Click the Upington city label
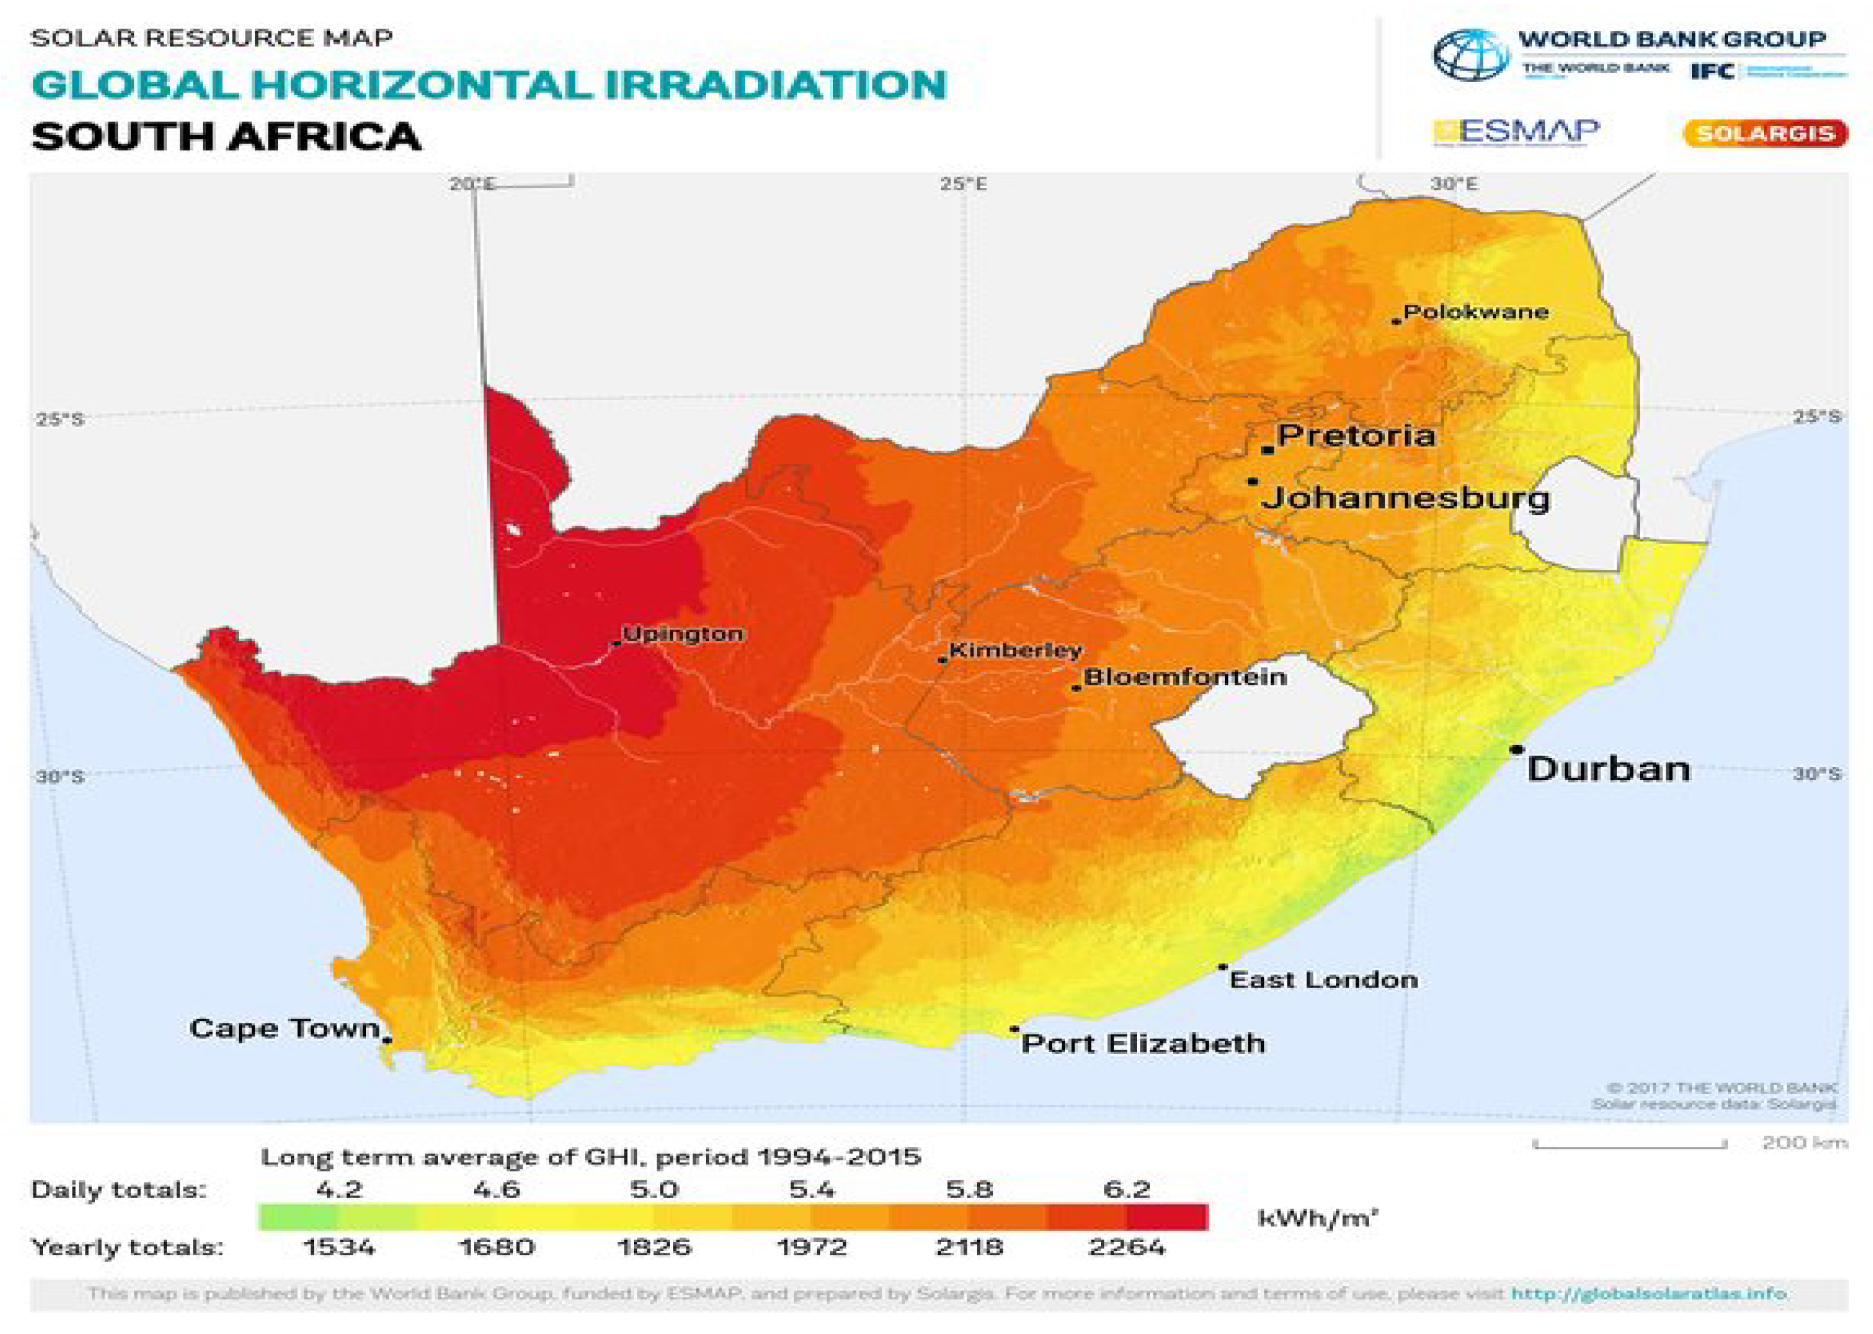pos(683,634)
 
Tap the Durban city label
pos(1608,769)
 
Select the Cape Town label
pos(284,1028)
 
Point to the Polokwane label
pos(1475,312)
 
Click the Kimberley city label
pos(1015,650)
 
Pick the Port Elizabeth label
pos(1143,1044)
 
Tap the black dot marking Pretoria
pos(1267,450)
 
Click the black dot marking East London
pos(1223,968)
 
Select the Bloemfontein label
pos(1185,677)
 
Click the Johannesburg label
pos(1405,498)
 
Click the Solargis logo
pos(1765,134)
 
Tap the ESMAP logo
pos(1516,132)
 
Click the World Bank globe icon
pos(1470,55)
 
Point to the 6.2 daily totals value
pos(1126,1188)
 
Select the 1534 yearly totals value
pos(338,1248)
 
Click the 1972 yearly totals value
pos(812,1248)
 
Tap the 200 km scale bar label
pos(1804,1142)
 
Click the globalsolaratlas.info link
pos(1649,1294)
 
